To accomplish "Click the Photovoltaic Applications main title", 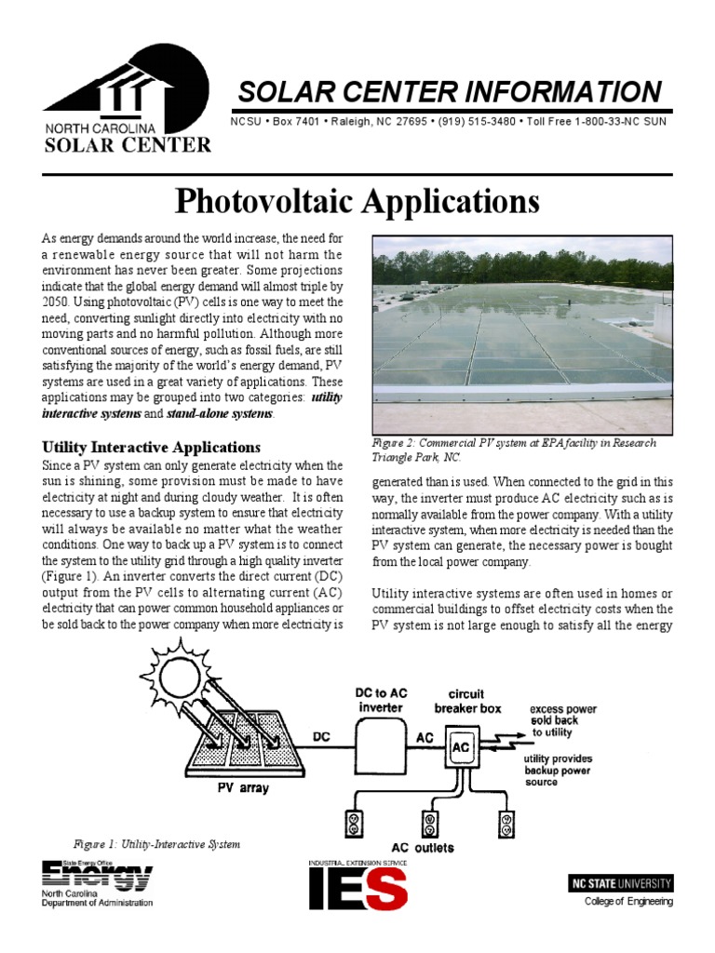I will tap(357, 200).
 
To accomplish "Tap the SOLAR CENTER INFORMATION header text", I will tap(449, 92).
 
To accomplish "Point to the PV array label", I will tap(236, 787).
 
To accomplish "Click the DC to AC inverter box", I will tap(381, 745).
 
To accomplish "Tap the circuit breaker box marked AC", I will tap(461, 748).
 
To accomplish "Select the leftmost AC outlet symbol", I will tap(355, 823).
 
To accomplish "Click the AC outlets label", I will tap(422, 848).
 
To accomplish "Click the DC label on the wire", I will tap(321, 736).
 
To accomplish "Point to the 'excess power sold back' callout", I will tap(562, 720).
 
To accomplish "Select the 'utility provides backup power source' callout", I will tap(558, 770).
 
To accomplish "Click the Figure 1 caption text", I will tap(156, 844).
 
